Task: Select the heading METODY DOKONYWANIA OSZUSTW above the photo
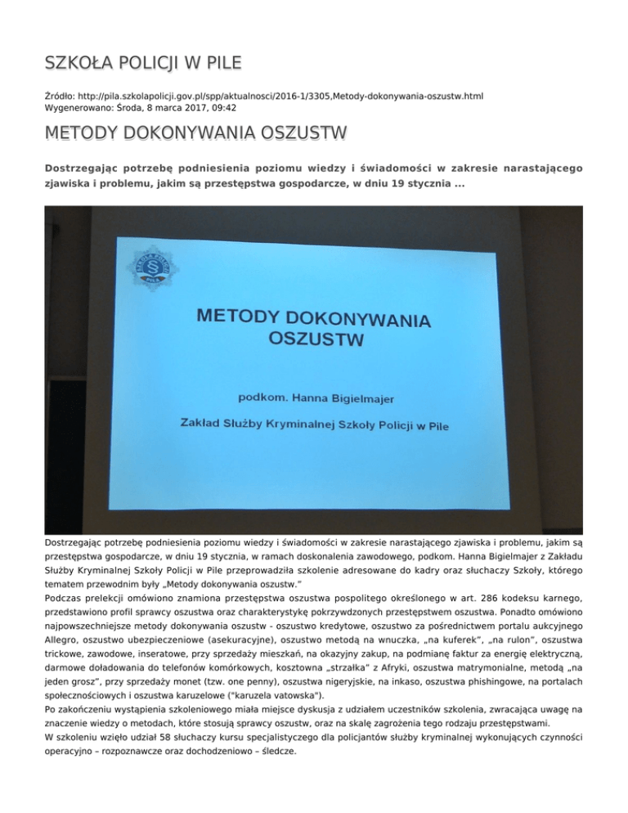click(196, 133)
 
